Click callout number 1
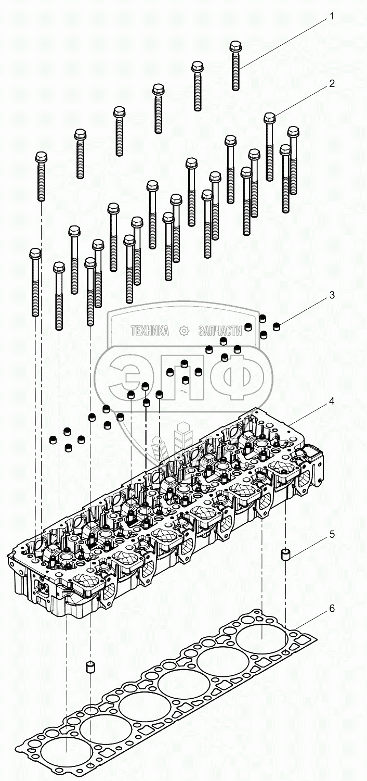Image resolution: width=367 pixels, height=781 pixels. pyautogui.click(x=331, y=16)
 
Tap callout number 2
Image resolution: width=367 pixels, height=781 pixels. pyautogui.click(x=331, y=83)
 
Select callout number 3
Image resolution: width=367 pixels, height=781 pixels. pyautogui.click(x=331, y=295)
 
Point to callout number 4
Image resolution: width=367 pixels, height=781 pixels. pyautogui.click(x=331, y=401)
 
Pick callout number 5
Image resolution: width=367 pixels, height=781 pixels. pyautogui.click(x=331, y=534)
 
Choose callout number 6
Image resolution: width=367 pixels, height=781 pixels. pyautogui.click(x=331, y=608)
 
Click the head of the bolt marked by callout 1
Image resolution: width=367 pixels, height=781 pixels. pyautogui.click(x=235, y=47)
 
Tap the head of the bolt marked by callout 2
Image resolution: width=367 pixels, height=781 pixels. pyautogui.click(x=269, y=118)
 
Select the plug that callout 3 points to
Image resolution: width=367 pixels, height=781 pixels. pyautogui.click(x=277, y=326)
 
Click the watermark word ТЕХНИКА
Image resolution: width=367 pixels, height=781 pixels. pyautogui.click(x=150, y=331)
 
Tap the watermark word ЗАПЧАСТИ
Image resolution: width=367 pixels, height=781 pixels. pyautogui.click(x=220, y=331)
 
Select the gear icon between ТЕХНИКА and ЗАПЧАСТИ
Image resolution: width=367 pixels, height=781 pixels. pyautogui.click(x=183, y=331)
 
